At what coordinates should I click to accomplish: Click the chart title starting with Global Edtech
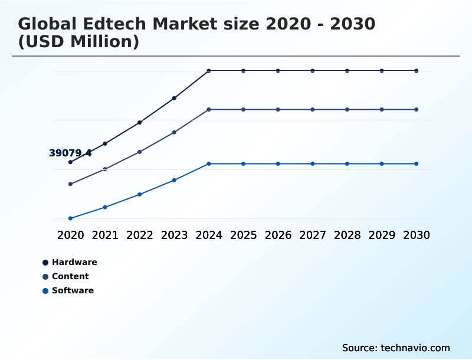coord(196,33)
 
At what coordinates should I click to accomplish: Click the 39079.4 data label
coord(70,153)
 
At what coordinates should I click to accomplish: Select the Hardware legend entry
coord(74,262)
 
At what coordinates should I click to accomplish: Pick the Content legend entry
coord(70,276)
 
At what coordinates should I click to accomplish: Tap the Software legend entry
coord(72,290)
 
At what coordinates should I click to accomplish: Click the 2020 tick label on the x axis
coord(70,235)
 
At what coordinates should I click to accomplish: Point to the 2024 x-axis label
coord(209,235)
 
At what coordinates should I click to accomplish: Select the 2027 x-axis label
coord(313,235)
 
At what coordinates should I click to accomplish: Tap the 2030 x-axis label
coord(417,235)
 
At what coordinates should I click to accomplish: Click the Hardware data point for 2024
coord(209,71)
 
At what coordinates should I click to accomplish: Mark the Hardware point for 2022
coord(139,122)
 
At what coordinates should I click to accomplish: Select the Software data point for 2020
coord(70,218)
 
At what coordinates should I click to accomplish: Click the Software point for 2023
coord(174,180)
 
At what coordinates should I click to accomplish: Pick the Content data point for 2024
coord(209,110)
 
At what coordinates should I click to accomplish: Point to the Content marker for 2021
coord(105,169)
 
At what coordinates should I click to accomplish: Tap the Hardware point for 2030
coord(417,71)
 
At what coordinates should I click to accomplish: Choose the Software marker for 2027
coord(313,163)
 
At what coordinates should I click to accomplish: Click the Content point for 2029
coord(382,110)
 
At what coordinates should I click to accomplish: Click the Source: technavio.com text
coord(396,348)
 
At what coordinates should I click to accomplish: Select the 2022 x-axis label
coord(139,235)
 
